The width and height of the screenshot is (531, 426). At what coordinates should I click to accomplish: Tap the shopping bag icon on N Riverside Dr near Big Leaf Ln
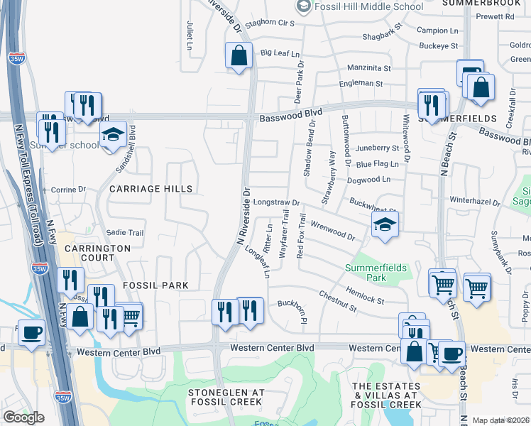click(239, 55)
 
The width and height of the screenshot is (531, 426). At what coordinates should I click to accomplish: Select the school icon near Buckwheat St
click(384, 226)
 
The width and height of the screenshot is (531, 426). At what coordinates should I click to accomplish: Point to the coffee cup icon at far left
click(31, 333)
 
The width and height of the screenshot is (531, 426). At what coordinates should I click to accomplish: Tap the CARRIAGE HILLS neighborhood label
click(150, 189)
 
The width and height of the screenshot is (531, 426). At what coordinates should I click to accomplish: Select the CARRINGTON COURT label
click(98, 253)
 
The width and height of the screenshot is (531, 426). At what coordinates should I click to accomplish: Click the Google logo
click(23, 417)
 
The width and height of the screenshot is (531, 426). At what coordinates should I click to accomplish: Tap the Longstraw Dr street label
click(278, 202)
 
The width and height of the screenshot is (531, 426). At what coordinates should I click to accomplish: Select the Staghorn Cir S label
click(270, 23)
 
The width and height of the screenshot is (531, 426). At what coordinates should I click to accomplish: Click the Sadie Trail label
click(125, 233)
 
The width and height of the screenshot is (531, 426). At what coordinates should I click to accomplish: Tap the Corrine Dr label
click(68, 190)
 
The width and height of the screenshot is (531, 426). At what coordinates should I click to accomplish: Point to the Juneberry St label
click(378, 148)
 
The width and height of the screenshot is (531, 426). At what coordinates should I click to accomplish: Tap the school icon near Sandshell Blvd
click(112, 134)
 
